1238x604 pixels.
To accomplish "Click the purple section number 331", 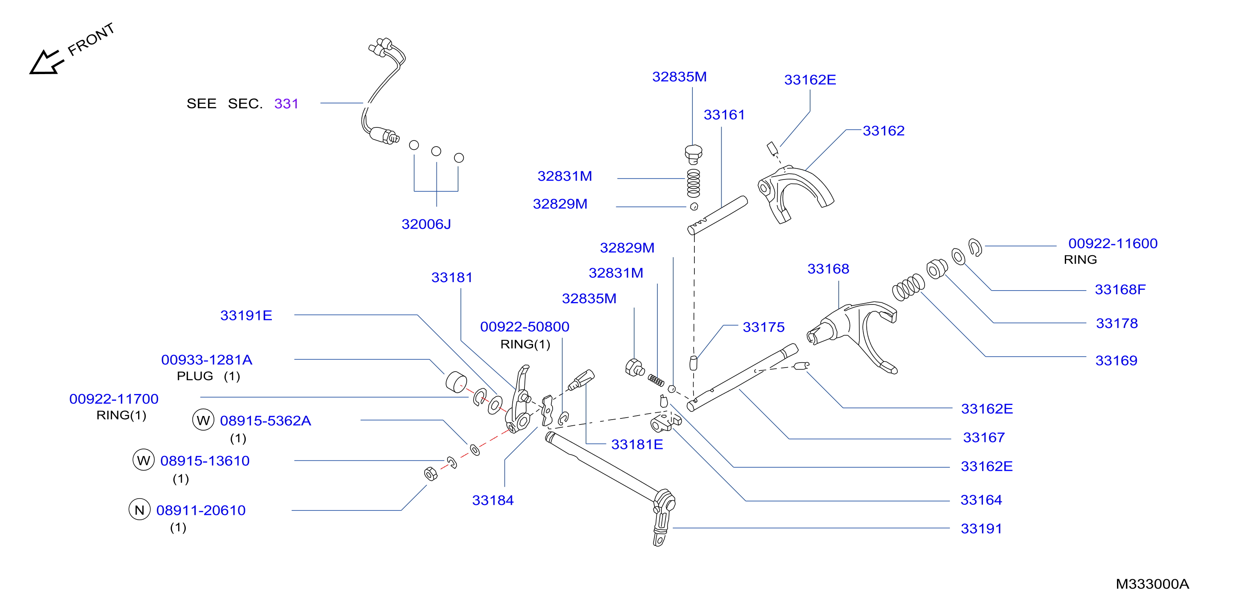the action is (x=286, y=104).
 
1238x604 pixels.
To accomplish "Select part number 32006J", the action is (x=426, y=224).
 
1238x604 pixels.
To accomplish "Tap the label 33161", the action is (x=724, y=115).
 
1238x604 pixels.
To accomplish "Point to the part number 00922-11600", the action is (x=1112, y=243).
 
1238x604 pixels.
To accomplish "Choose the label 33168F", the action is (x=1120, y=289).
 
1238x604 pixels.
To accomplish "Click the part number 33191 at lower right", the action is (x=981, y=529).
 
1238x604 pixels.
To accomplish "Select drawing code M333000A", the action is (x=1152, y=584).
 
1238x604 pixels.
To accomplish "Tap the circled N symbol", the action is (x=139, y=510).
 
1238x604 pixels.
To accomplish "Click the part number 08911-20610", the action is (x=201, y=510).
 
